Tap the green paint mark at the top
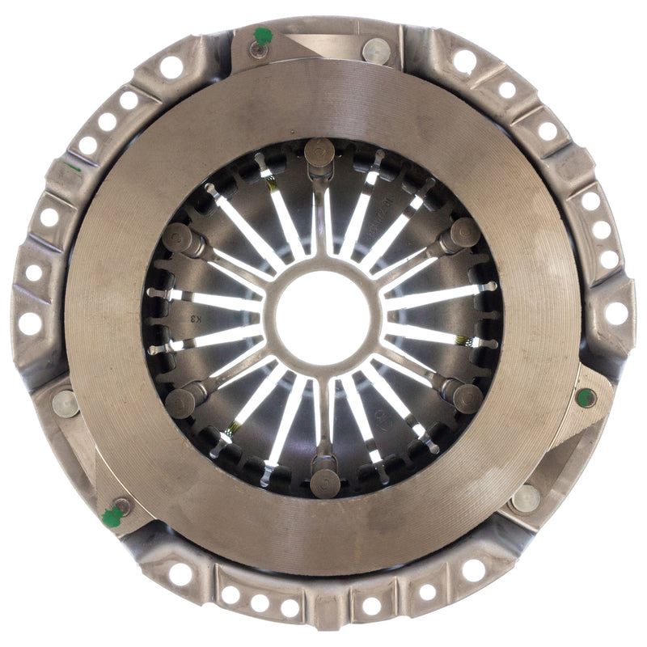tap(262, 36)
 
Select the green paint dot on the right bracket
tap(586, 396)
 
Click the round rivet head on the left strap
tap(65, 402)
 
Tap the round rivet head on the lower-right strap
tap(525, 497)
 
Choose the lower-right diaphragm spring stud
tap(467, 397)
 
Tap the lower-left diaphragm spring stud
tap(180, 401)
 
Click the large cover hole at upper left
tap(171, 66)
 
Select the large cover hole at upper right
tap(465, 61)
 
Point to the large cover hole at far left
tap(30, 323)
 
